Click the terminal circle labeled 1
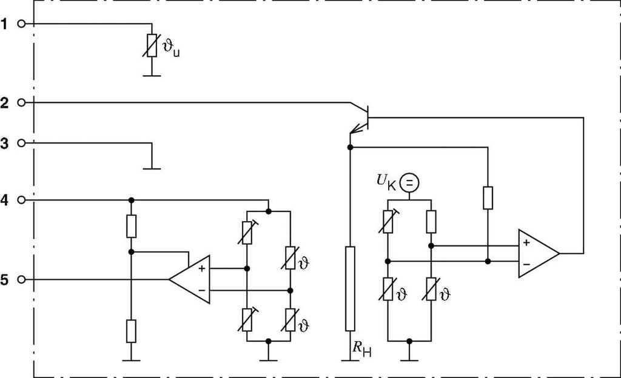point(22,24)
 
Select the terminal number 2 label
point(5,103)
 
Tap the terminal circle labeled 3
point(22,144)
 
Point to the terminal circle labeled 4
point(22,199)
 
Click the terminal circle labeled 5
point(22,280)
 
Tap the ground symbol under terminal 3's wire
point(151,167)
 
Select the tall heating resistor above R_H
point(350,288)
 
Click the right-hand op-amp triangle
point(537,253)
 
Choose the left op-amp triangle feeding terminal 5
point(190,279)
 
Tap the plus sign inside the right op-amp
point(526,243)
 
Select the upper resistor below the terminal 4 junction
point(131,226)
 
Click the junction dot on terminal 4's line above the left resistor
point(131,199)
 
